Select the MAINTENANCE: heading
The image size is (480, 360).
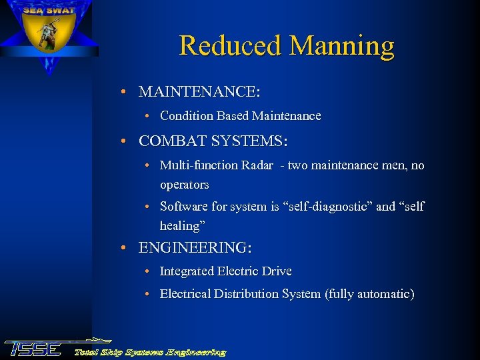199,91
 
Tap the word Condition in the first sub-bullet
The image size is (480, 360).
187,116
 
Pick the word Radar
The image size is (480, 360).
255,165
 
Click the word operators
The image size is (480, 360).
185,185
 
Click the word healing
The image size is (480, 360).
180,226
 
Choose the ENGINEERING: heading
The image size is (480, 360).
195,248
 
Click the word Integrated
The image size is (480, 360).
187,271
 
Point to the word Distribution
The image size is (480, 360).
245,294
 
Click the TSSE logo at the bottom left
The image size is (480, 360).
33,349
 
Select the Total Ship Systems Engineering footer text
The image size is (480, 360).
150,352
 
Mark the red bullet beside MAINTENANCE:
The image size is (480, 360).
125,91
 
